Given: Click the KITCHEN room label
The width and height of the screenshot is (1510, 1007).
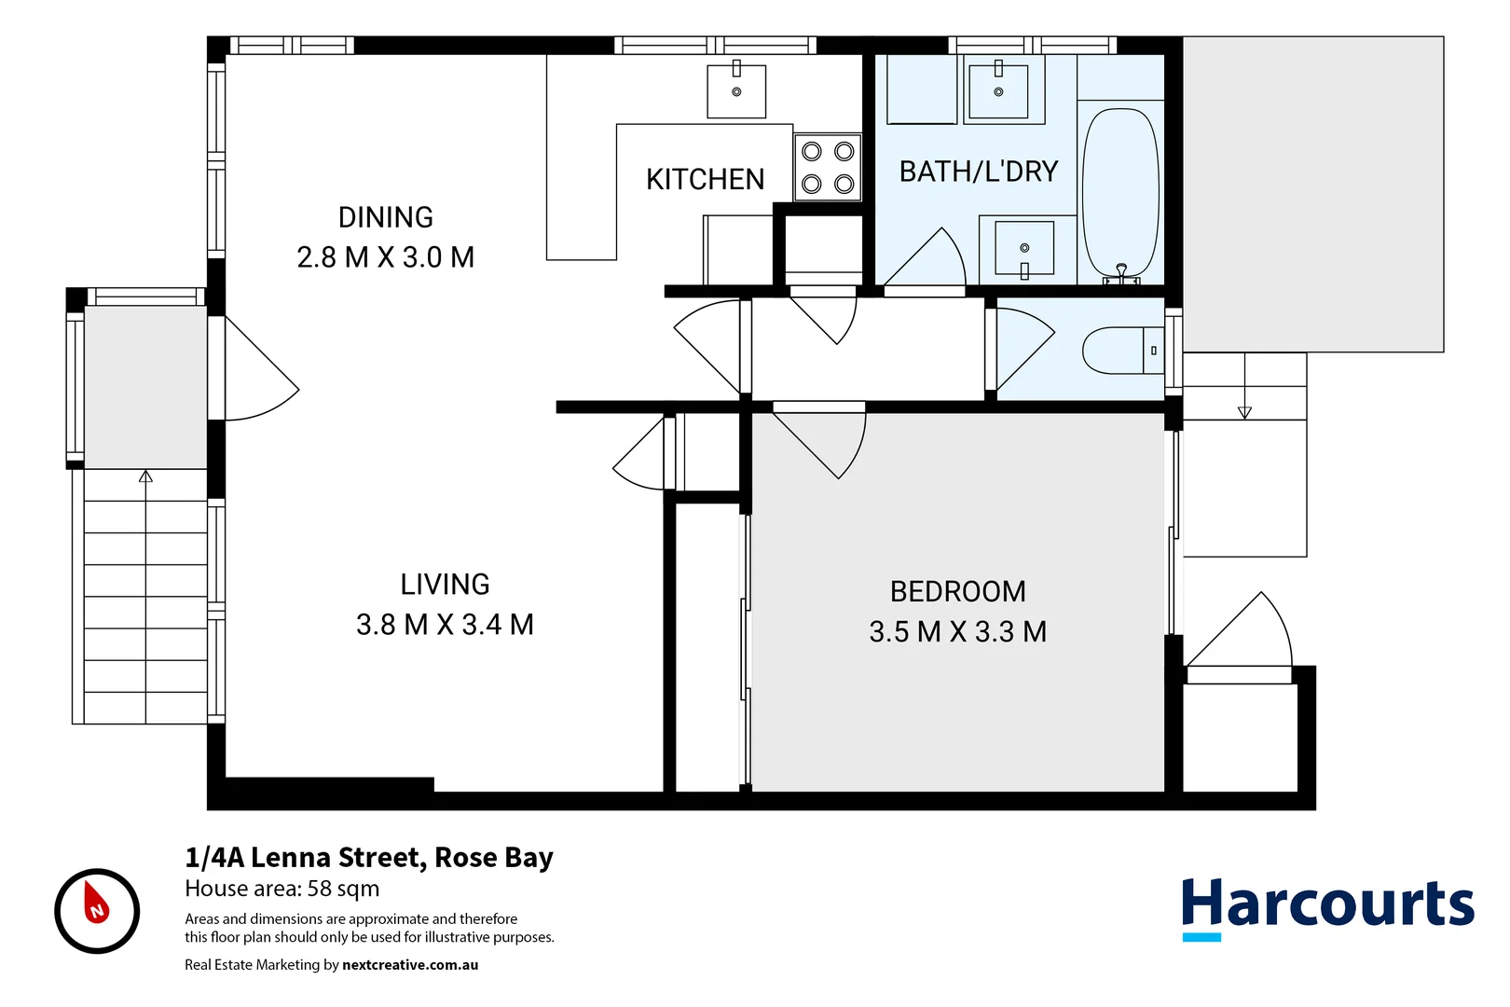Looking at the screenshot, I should click(x=705, y=179).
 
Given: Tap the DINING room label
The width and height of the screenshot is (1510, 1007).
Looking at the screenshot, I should click(x=385, y=217).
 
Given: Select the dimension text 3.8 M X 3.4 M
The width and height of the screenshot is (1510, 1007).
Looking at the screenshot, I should click(x=445, y=625).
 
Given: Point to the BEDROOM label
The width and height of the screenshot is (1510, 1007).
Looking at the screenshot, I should click(x=957, y=592).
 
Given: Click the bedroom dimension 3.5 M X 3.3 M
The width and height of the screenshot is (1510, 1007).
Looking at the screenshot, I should click(x=957, y=632).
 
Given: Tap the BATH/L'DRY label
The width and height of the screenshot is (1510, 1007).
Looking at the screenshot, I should click(x=978, y=172).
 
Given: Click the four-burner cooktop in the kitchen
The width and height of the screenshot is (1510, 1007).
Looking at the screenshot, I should click(x=828, y=168).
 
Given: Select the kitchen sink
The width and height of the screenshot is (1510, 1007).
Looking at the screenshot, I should click(x=736, y=91).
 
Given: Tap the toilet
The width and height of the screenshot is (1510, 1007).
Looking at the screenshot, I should click(x=1122, y=351).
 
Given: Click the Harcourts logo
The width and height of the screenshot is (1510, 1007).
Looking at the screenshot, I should click(x=1327, y=907).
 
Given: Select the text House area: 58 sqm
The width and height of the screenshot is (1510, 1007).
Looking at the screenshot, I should click(x=281, y=889).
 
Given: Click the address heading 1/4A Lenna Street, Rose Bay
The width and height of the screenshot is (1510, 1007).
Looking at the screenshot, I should click(x=369, y=857).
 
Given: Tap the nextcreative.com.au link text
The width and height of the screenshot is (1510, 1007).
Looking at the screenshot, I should click(x=410, y=965).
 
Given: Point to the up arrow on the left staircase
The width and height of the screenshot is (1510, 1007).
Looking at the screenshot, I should click(x=145, y=477).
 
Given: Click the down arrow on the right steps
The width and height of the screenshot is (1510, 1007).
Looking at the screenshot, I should click(x=1244, y=412).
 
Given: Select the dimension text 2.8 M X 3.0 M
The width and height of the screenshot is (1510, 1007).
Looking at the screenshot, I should click(x=385, y=257).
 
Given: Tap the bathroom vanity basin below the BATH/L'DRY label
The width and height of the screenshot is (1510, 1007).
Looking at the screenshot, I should click(x=1024, y=248).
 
